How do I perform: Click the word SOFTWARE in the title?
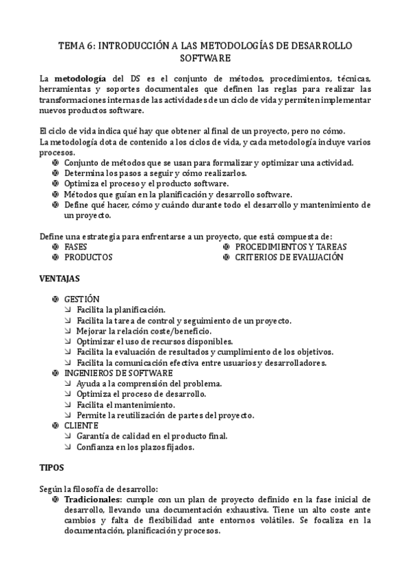205,59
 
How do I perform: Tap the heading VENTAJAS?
60,279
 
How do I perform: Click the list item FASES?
76,247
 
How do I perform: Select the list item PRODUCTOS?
88,257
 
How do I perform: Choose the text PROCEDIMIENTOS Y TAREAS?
291,247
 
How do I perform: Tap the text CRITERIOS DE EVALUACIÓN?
289,257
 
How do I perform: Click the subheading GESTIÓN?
81,299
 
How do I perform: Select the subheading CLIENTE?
81,425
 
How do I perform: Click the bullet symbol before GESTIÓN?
55,299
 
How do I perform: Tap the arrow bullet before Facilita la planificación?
68,310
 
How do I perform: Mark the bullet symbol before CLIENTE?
55,425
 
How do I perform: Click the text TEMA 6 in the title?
77,45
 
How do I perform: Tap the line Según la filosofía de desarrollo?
99,489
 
